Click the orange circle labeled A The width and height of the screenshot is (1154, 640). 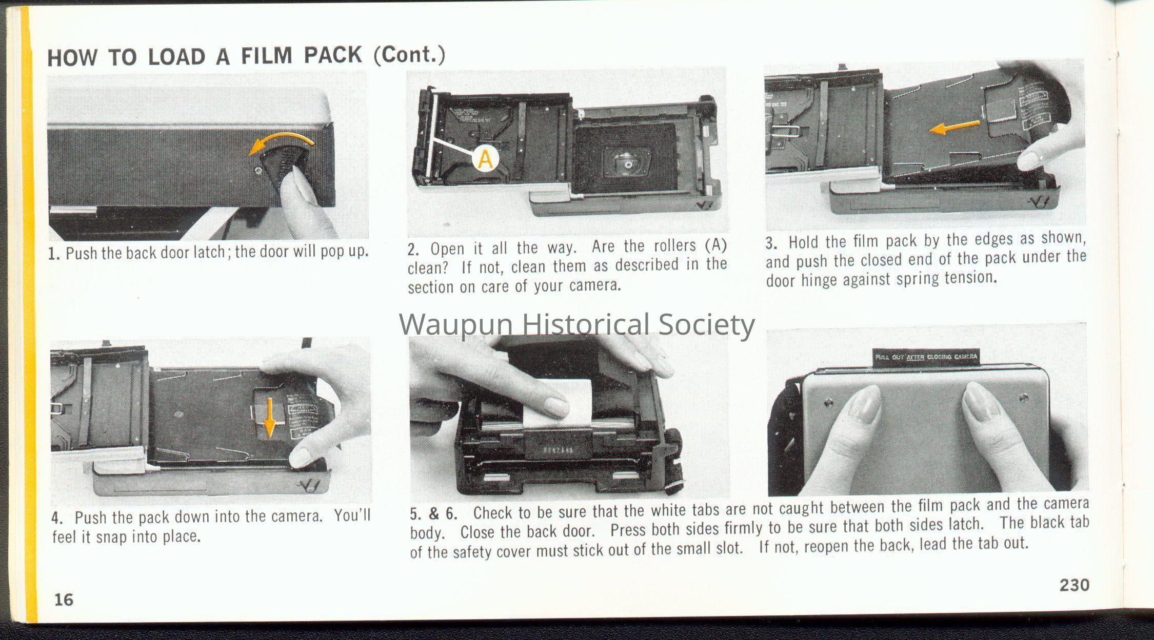tap(485, 159)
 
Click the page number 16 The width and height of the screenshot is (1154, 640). tap(64, 600)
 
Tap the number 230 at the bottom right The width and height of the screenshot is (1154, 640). tap(1075, 585)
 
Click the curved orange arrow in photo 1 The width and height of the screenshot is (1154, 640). tap(281, 141)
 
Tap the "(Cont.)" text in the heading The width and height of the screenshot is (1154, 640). tap(409, 54)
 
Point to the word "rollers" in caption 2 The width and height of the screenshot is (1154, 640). tap(674, 246)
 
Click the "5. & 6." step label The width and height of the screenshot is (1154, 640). tap(433, 513)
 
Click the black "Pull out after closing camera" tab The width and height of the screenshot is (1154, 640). tap(926, 357)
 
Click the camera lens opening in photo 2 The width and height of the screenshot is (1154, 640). tap(626, 163)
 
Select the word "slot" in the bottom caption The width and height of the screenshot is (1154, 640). tap(729, 548)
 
